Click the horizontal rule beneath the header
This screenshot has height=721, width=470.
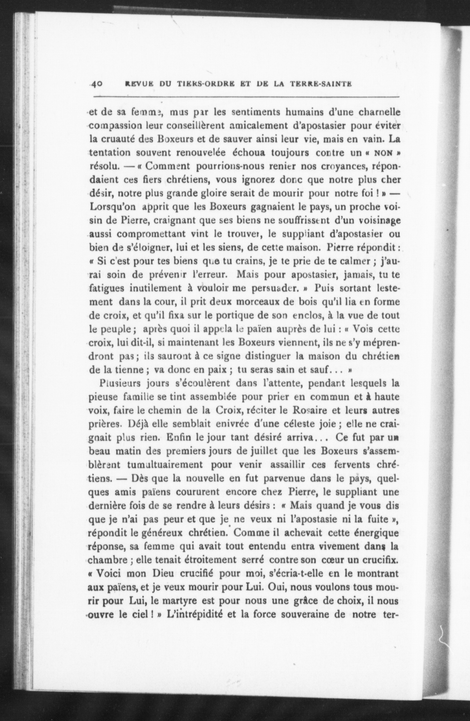coord(246,97)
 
